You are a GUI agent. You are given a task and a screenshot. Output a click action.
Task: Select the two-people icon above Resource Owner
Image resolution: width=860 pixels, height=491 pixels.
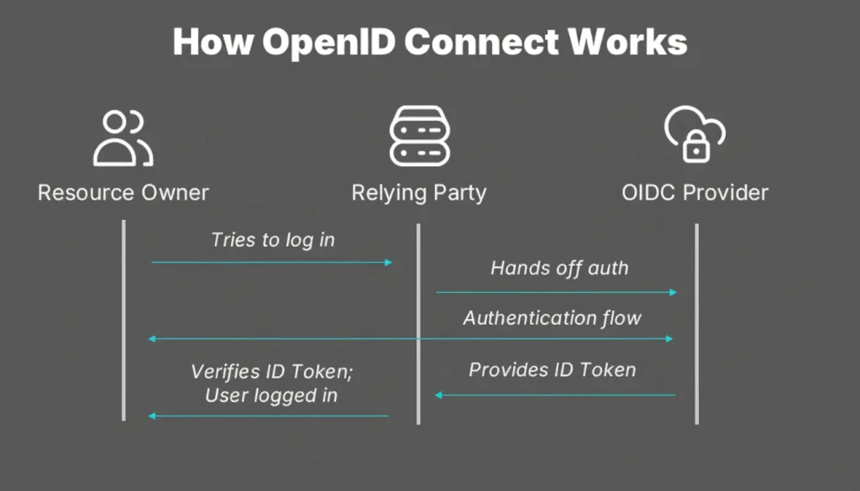click(123, 137)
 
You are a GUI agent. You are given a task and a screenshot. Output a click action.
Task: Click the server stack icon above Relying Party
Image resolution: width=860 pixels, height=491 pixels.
click(418, 137)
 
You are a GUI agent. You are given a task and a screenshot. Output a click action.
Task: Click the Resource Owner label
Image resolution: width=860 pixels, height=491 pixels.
click(123, 192)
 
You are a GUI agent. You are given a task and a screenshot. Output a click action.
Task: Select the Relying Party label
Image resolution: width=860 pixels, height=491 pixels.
click(418, 192)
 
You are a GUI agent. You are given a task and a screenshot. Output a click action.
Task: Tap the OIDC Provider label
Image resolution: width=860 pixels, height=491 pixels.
click(695, 192)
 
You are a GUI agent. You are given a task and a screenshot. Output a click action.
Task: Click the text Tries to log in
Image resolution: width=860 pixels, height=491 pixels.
click(272, 239)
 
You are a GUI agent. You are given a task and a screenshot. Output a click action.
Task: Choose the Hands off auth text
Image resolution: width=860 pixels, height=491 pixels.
click(558, 269)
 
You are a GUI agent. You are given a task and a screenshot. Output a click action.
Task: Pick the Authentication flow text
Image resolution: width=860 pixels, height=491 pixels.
click(552, 318)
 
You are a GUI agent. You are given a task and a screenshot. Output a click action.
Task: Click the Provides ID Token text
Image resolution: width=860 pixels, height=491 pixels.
click(552, 369)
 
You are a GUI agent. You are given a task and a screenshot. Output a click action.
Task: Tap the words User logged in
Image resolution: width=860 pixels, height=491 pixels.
click(271, 394)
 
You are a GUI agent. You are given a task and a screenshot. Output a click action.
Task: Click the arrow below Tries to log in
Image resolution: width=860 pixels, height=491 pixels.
click(272, 263)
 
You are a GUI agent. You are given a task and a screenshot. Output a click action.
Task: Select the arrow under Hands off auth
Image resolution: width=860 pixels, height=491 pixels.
click(556, 292)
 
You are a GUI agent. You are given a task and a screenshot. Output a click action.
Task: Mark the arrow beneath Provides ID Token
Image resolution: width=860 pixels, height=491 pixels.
click(555, 394)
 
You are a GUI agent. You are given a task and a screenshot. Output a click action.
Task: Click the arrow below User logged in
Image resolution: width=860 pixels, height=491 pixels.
click(269, 415)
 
